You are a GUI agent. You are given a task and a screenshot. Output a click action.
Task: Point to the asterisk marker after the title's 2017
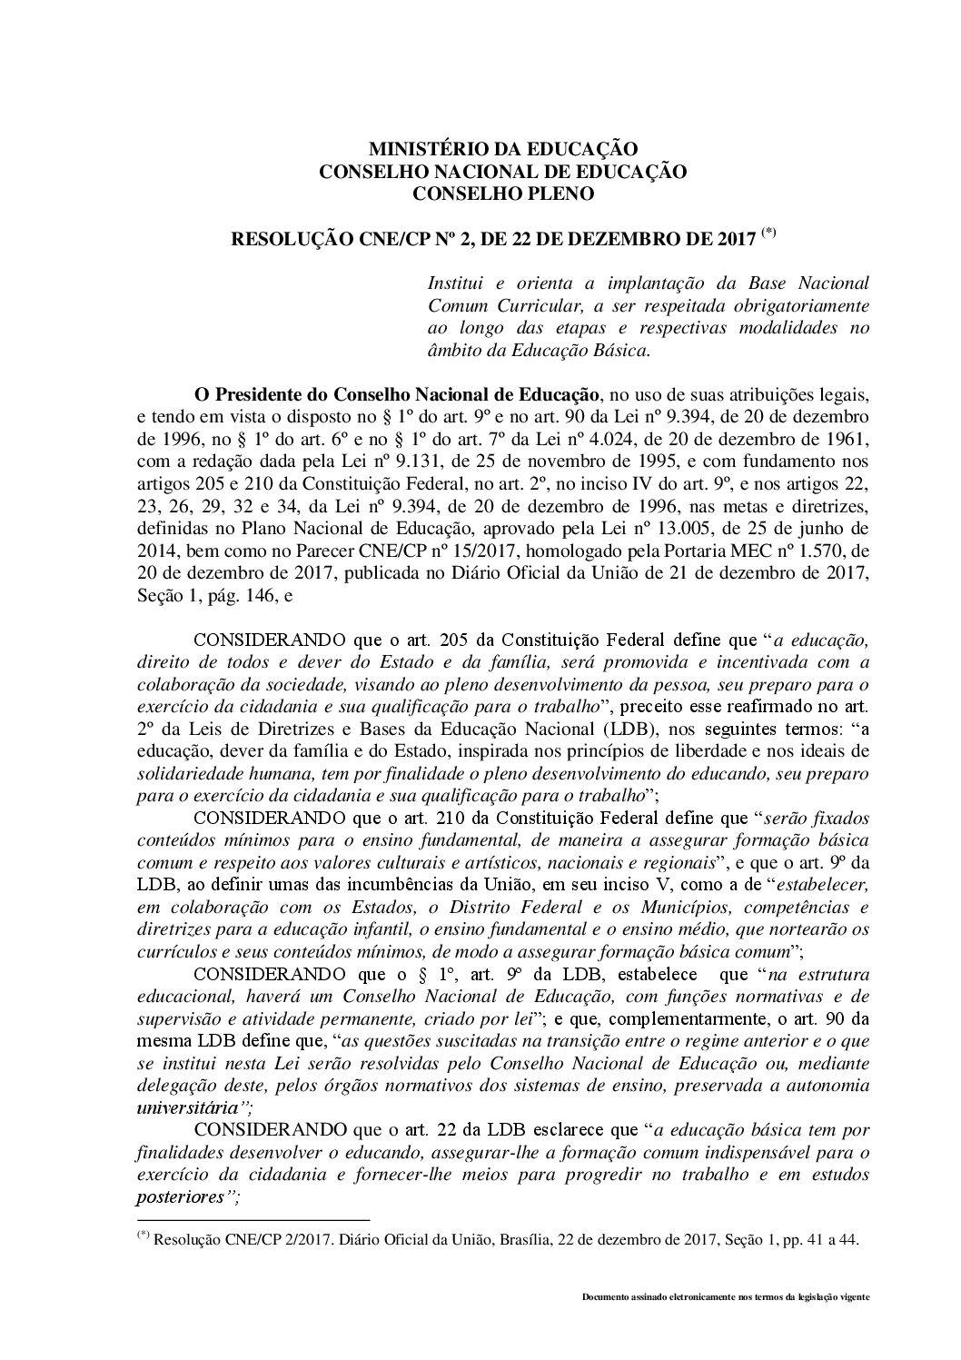(x=768, y=233)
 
